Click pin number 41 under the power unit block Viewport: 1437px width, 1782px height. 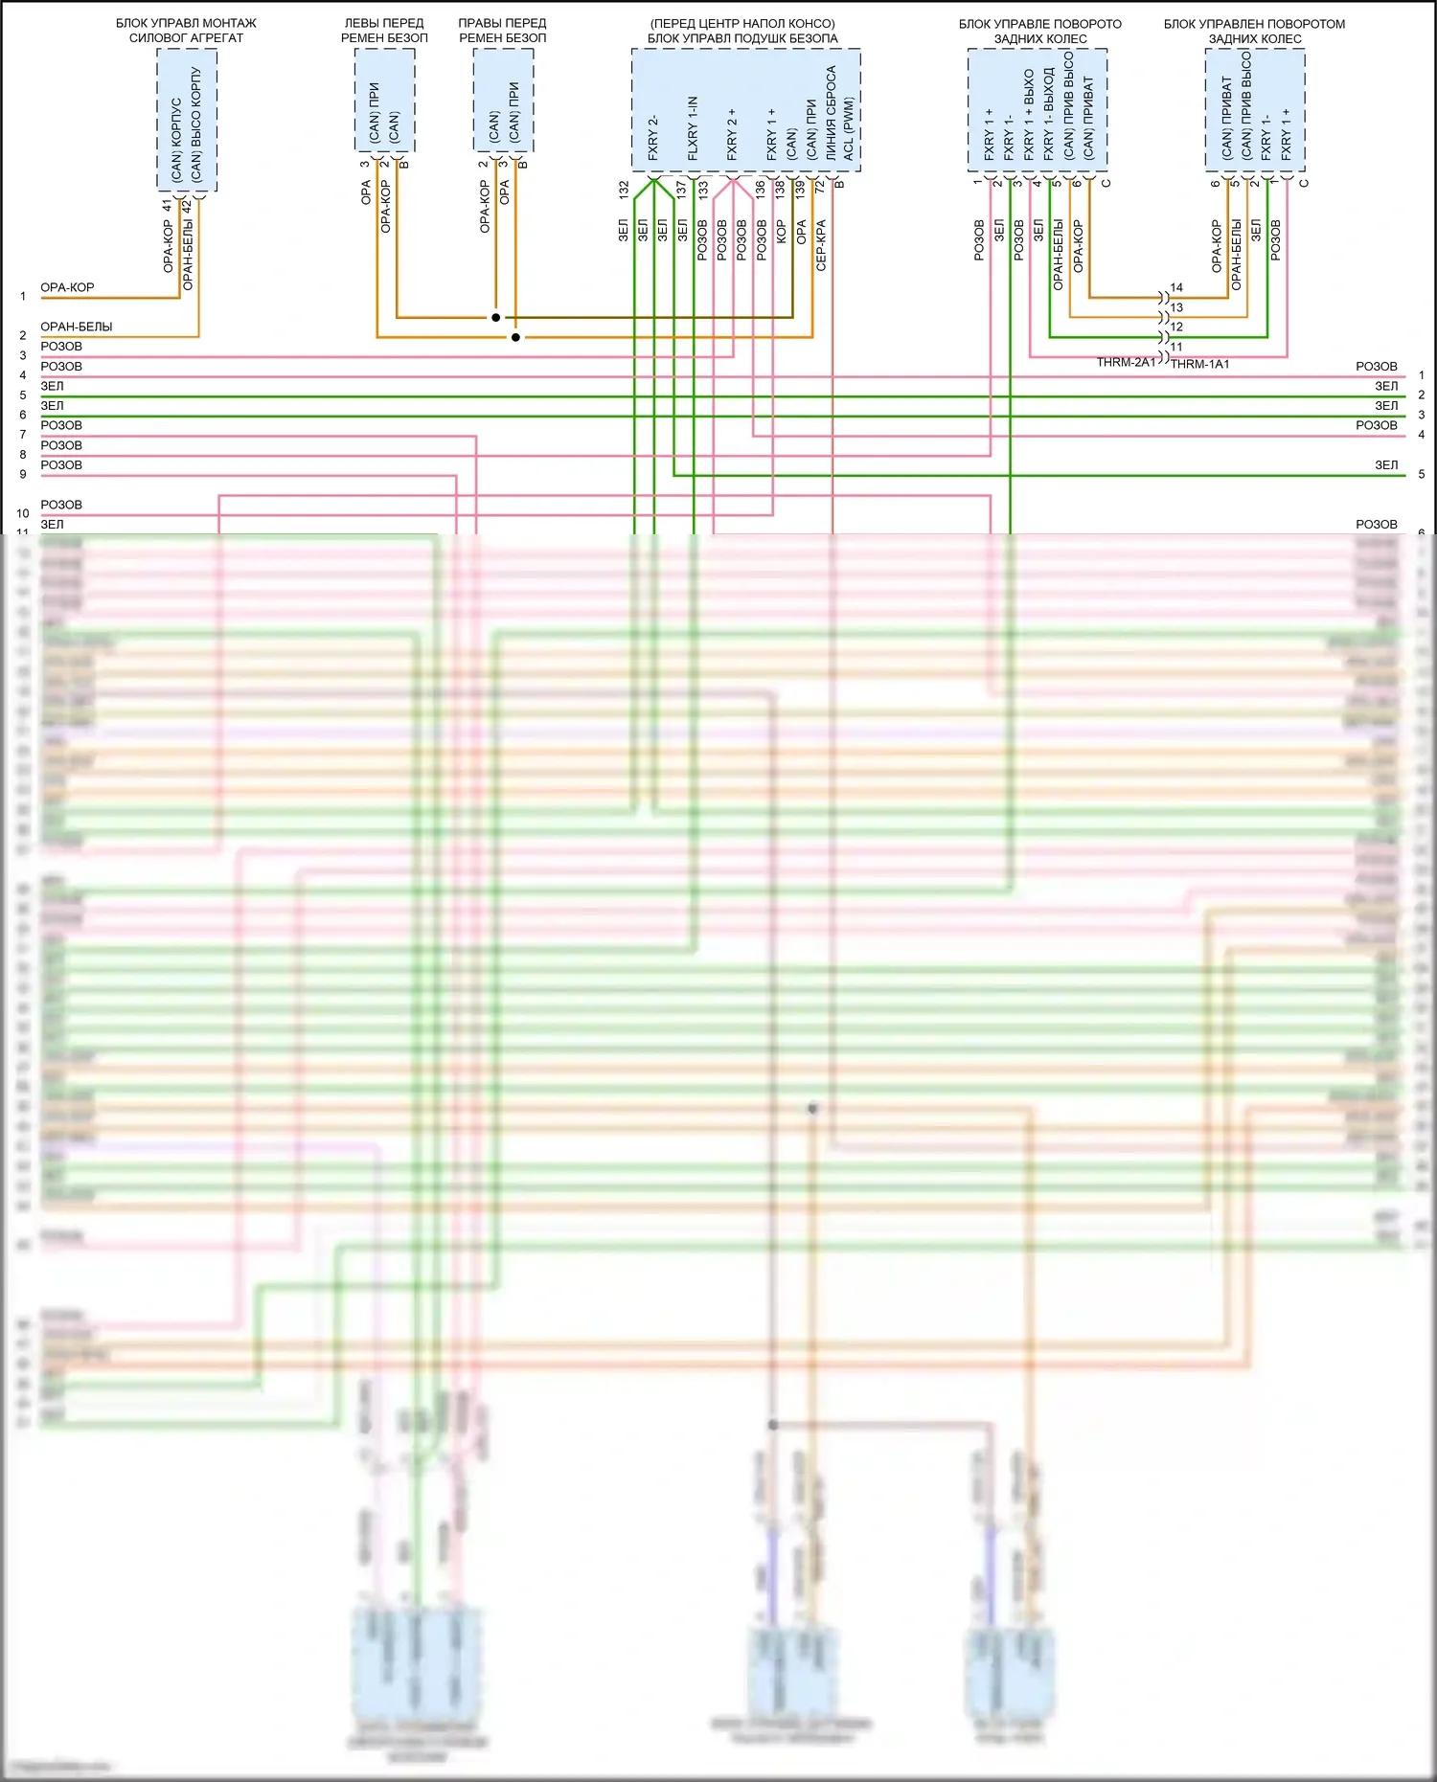168,205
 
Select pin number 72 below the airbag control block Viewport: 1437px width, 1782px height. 819,188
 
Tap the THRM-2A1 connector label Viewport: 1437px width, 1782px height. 1126,362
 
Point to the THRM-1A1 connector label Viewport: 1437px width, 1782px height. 1199,364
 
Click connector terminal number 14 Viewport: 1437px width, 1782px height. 1176,287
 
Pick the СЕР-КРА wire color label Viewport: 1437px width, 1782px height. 821,245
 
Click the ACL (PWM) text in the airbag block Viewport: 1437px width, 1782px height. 849,128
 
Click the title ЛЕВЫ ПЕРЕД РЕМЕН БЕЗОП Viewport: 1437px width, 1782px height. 384,31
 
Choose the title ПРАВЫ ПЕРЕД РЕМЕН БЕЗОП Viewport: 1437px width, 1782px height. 502,31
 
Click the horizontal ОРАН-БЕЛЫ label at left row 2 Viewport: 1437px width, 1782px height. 77,327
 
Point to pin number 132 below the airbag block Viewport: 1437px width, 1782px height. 624,190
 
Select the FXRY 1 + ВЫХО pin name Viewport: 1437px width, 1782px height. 1029,113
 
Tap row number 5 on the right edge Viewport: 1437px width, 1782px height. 1422,474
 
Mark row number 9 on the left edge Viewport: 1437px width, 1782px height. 23,474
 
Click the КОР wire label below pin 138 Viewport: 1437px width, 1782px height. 781,231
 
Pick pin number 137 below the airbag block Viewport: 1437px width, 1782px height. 682,190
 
